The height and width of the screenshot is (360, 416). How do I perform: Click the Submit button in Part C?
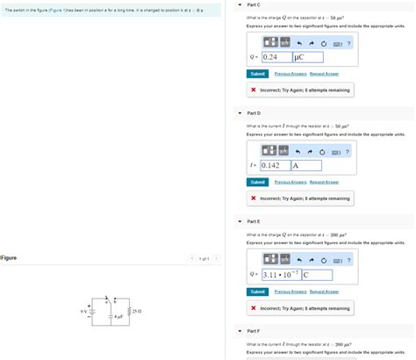click(257, 74)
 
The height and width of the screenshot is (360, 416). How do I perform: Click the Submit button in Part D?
click(257, 182)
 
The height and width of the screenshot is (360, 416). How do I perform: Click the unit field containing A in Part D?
click(306, 164)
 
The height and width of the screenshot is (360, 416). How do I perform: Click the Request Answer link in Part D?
click(324, 182)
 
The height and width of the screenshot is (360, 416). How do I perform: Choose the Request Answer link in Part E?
click(324, 292)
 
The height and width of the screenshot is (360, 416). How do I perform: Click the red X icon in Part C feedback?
click(253, 90)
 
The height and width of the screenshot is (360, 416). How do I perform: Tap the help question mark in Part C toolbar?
click(348, 42)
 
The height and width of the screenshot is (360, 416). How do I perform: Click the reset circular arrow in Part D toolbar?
click(324, 150)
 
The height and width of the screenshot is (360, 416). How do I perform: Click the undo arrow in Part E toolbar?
click(300, 259)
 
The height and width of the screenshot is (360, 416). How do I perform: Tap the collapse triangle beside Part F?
click(240, 330)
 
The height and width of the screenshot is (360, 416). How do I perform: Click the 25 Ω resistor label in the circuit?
click(138, 312)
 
